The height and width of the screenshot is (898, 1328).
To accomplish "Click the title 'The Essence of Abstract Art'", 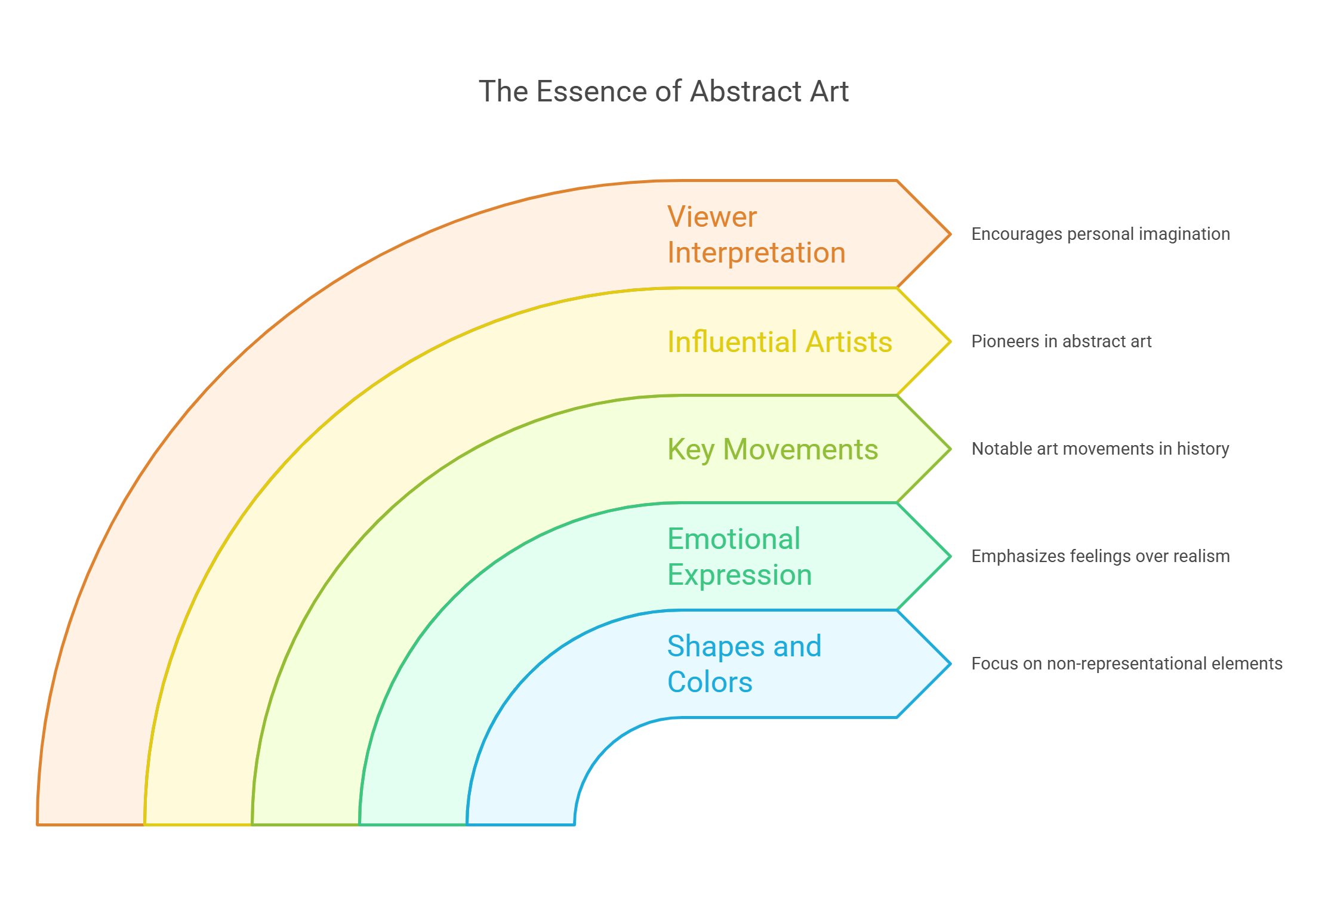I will (x=664, y=92).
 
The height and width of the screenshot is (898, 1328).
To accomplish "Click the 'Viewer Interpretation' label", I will (x=756, y=234).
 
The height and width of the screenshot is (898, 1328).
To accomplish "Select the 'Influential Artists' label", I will (x=779, y=342).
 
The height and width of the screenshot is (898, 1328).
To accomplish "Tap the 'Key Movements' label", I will (x=772, y=449).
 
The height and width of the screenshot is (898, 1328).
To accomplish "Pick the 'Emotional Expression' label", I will (x=740, y=557).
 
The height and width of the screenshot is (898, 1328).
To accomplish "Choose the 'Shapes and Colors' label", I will (x=744, y=664).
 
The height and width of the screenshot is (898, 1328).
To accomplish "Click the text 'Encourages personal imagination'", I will (x=1101, y=234).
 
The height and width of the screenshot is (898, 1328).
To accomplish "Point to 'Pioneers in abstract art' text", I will (x=1061, y=341).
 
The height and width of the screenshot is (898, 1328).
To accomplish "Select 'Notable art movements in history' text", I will (x=1100, y=449).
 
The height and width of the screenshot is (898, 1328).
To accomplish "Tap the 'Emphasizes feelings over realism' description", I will (x=1100, y=556).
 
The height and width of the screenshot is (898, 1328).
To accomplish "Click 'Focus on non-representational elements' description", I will (x=1126, y=664).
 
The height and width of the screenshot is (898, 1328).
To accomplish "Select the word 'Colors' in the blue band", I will (x=710, y=682).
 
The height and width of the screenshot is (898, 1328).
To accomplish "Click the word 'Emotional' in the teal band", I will (x=734, y=539).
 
